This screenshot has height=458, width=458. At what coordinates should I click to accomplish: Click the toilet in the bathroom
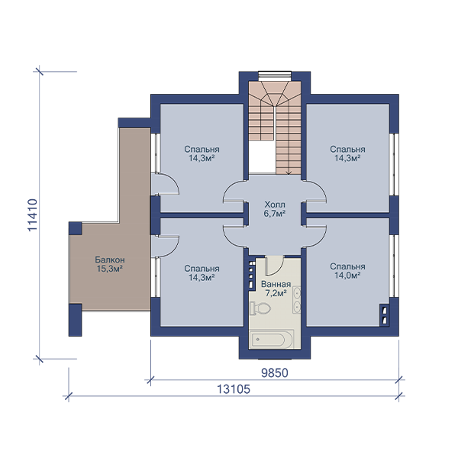260,308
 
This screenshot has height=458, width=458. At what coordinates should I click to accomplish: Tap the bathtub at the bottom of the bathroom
271,340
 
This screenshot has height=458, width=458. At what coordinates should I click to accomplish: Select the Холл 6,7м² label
275,209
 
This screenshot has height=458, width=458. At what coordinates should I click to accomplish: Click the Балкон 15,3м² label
110,264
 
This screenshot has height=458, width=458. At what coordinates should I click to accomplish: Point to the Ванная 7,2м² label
276,289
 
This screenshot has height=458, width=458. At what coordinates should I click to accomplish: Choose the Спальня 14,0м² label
347,271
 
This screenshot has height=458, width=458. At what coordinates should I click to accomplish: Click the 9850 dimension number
275,373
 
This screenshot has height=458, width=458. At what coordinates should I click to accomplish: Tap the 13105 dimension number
234,389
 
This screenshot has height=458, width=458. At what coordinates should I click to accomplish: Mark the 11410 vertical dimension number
33,215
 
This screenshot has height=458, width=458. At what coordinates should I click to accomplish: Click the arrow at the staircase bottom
289,173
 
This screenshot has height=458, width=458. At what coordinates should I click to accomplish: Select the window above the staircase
275,76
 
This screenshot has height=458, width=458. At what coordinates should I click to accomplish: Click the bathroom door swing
275,266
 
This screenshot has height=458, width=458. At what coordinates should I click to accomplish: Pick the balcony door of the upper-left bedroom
165,185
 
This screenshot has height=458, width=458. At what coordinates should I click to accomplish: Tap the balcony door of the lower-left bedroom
165,246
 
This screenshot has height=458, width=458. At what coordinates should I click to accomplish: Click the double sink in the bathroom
297,300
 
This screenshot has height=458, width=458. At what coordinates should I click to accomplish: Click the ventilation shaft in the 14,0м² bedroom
385,315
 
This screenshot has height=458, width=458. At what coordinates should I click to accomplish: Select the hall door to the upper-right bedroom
314,192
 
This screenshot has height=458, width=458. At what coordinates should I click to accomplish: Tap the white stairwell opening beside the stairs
261,157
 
